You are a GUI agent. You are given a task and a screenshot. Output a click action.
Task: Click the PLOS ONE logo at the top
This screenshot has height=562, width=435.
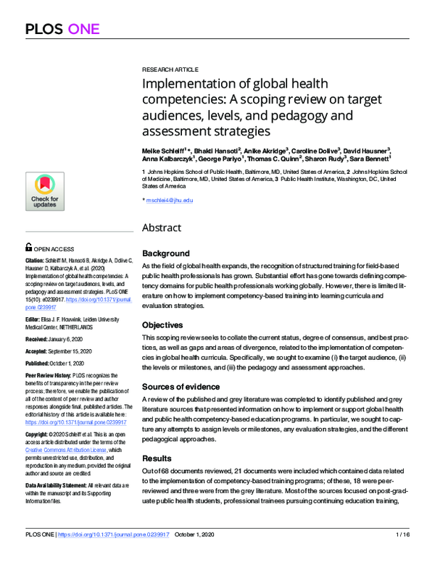[62, 29]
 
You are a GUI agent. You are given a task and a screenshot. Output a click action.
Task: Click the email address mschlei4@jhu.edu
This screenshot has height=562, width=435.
[170, 200]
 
